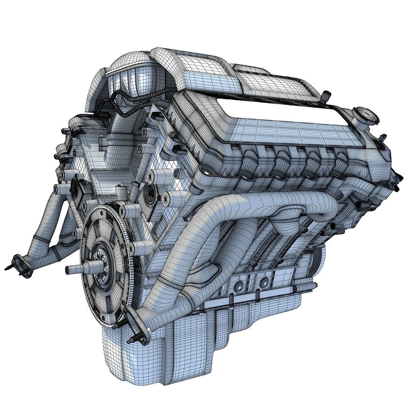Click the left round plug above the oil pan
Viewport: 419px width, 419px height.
[x=240, y=286]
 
